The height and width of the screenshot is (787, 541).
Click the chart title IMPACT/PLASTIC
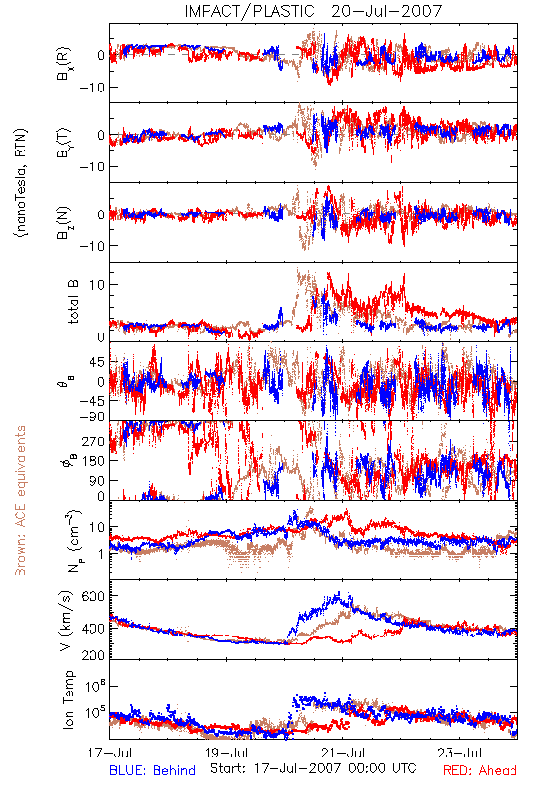249,11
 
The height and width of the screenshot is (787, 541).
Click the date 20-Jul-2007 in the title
387,11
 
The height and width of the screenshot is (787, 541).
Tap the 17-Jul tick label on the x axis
109,753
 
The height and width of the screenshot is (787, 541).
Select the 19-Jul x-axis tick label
227,753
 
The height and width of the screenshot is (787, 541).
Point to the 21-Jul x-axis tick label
343,753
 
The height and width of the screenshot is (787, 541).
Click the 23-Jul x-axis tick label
459,753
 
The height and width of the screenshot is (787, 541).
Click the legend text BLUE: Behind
152,770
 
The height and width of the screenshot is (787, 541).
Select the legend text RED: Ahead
480,770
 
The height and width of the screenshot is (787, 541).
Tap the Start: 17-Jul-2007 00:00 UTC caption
314,768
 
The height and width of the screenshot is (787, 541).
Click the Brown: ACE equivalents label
20,501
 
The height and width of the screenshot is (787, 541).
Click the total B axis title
73,302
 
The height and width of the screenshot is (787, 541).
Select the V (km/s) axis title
66,621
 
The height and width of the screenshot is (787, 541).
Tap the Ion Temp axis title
68,699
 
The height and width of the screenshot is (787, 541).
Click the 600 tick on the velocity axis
92,596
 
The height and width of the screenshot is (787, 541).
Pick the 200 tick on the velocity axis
92,655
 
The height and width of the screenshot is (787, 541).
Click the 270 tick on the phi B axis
92,441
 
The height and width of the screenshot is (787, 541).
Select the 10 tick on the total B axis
97,285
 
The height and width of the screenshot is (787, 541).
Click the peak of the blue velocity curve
339,592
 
